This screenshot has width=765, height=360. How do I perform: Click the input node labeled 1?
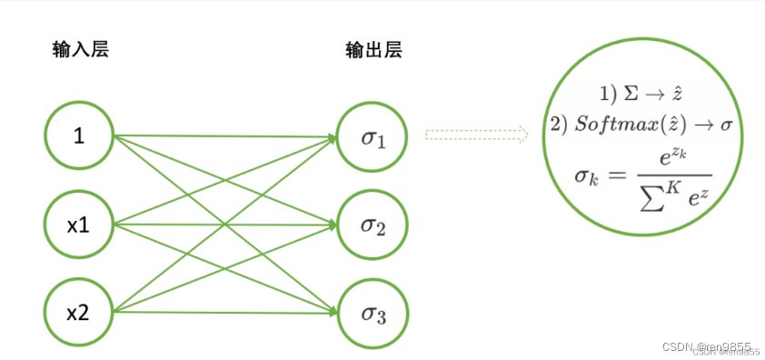coord(79,137)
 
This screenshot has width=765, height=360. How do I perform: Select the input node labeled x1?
coord(79,225)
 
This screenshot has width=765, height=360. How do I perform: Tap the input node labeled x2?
coord(79,313)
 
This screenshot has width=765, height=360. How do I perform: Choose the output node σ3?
coord(373,313)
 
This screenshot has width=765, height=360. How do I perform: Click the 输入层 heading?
coord(79,50)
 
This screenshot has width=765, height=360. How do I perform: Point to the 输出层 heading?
coord(373,50)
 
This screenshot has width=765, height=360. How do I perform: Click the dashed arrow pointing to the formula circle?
coord(477,135)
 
